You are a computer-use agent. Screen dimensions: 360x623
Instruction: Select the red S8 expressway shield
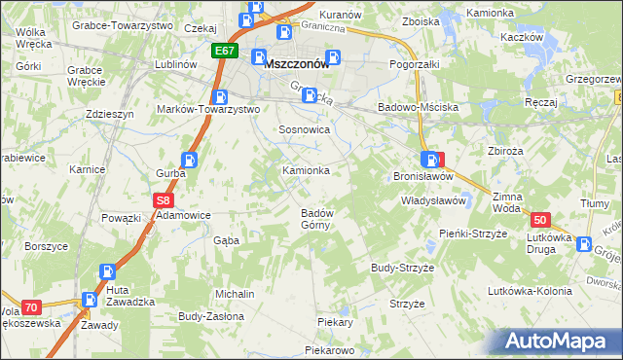[x=164, y=200]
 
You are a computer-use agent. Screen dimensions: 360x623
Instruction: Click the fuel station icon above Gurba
[x=189, y=161]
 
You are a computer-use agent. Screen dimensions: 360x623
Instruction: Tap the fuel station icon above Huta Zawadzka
[x=108, y=274]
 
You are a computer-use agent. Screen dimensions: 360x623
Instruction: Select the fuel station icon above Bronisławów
[x=429, y=160]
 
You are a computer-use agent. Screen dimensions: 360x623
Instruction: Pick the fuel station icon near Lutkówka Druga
[x=583, y=245]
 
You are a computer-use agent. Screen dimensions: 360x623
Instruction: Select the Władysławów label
[x=435, y=200]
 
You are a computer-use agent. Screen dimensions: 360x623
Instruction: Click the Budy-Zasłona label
[x=209, y=316]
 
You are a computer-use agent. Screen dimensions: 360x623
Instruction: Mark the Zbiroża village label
[x=506, y=151]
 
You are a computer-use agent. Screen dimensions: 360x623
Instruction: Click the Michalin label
[x=235, y=294]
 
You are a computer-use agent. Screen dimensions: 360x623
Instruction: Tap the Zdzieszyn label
[x=109, y=114]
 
